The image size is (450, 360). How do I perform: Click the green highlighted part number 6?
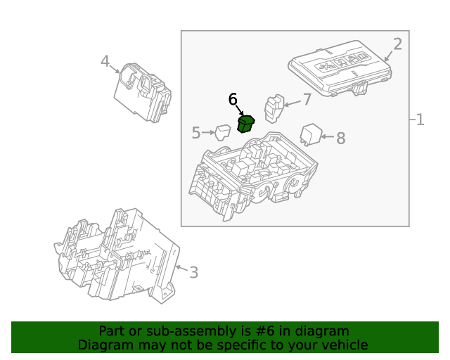click(245, 124)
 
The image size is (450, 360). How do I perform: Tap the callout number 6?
click(233, 100)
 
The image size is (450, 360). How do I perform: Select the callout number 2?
click(397, 44)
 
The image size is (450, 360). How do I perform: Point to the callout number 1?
click(420, 120)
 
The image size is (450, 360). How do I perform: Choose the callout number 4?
click(105, 62)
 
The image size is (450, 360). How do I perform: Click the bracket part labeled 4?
click(143, 91)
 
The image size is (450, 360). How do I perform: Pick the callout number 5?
click(196, 132)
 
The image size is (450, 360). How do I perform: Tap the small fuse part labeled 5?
click(223, 131)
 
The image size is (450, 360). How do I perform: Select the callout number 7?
click(307, 99)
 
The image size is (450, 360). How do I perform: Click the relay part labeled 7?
click(274, 108)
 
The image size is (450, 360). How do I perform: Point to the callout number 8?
click(340, 138)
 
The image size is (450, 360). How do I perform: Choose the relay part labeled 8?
click(310, 134)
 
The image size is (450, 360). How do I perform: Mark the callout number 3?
click(193, 271)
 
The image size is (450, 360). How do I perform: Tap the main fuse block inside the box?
click(253, 176)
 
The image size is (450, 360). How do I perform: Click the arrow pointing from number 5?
click(208, 132)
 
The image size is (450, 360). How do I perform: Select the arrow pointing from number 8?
click(328, 137)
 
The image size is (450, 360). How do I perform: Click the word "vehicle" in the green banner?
click(343, 345)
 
